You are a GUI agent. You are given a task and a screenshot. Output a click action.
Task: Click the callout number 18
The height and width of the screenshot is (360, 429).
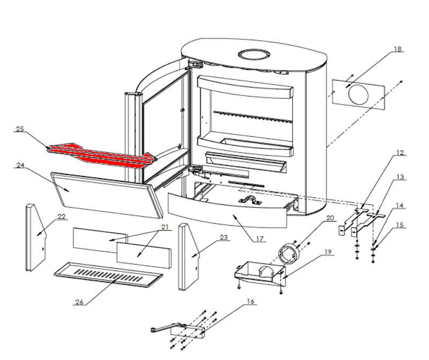pos(397,49)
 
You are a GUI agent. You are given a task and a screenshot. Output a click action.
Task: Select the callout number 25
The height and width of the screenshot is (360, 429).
pos(20,129)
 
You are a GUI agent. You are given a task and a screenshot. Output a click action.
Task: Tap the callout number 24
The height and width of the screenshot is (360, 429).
pos(20,166)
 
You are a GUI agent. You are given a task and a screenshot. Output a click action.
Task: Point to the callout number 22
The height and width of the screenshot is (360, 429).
pos(62,216)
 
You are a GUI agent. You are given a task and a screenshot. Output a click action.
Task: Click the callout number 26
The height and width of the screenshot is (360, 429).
pos(79,302)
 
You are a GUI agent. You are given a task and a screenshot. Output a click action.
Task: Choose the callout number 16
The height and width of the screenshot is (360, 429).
pos(250,302)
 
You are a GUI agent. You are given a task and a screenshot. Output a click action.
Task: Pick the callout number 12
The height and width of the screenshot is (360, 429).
pos(399,152)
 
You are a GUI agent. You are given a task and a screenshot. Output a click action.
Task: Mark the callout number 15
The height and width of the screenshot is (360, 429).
pos(400,224)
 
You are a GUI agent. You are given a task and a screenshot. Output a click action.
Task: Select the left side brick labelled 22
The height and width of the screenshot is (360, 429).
pos(34,238)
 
